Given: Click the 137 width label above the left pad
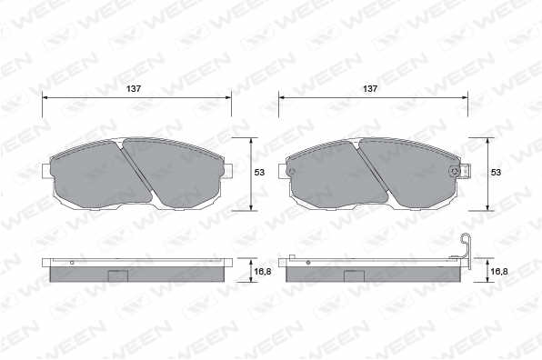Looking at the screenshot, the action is [x=134, y=89].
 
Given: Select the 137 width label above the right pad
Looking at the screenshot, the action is [x=370, y=89].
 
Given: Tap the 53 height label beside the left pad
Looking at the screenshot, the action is [x=259, y=172].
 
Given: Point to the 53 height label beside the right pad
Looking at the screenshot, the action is [x=496, y=172].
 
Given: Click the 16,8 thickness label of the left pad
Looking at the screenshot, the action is [x=263, y=272].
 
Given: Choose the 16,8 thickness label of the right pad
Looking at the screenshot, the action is [x=499, y=272].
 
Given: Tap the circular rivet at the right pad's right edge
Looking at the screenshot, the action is [x=455, y=171].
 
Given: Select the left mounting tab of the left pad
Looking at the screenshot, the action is [x=46, y=171].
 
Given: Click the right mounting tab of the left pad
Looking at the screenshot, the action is [x=227, y=171].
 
